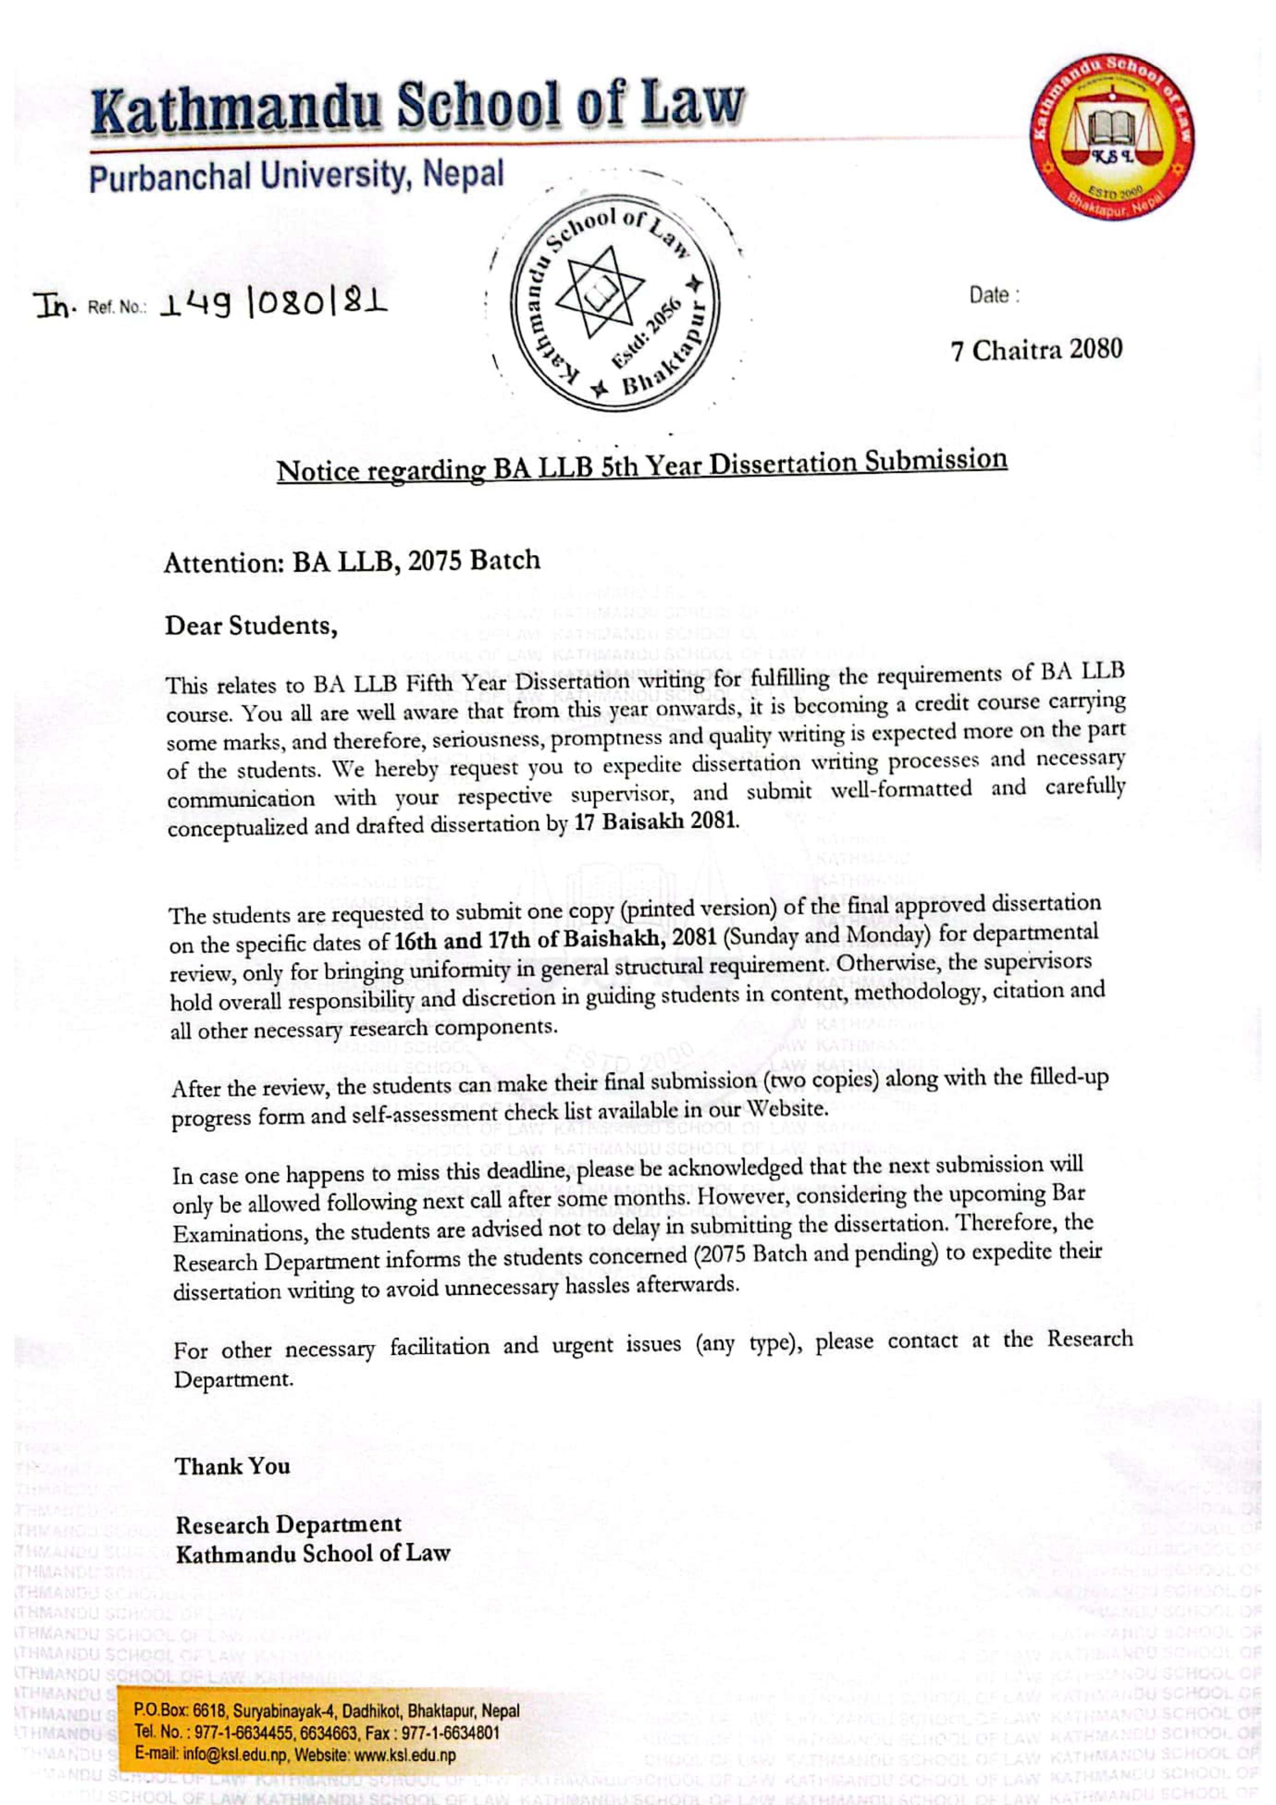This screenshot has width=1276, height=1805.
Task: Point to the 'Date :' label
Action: coord(994,296)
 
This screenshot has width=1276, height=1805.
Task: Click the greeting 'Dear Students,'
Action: coord(251,626)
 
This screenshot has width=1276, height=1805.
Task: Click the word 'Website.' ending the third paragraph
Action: coord(787,1109)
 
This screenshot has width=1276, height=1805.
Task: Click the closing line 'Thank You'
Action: coord(233,1466)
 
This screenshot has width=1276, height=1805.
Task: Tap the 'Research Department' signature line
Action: coord(289,1524)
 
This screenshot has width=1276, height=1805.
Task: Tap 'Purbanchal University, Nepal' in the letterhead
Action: coord(296,175)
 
